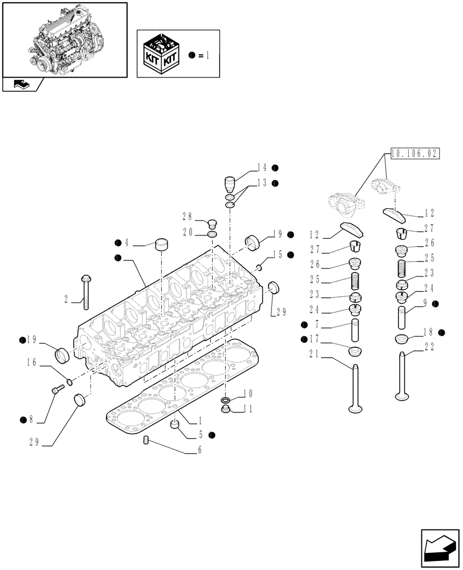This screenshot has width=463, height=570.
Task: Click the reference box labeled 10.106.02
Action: click(x=414, y=153)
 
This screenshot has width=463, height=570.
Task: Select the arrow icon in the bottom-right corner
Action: click(x=440, y=547)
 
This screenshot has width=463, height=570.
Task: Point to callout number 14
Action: click(x=262, y=168)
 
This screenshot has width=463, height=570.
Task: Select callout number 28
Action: click(x=186, y=217)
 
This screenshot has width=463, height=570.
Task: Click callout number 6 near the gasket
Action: click(x=199, y=449)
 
